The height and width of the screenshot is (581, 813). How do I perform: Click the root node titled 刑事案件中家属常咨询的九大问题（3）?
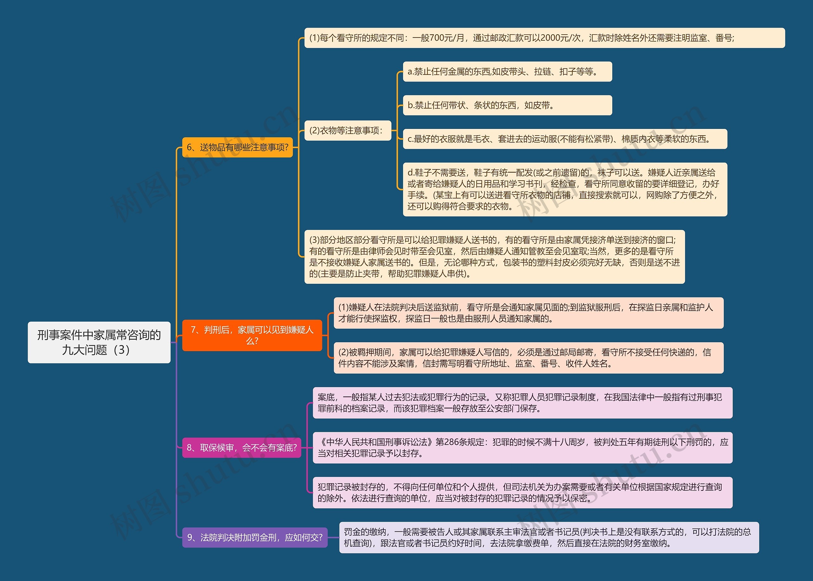(x=99, y=342)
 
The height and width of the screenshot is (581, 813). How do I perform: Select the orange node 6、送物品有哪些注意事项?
(x=237, y=147)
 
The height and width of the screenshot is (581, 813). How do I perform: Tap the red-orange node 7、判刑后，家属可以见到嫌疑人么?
(x=252, y=335)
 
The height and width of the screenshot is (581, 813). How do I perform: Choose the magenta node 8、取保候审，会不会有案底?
(x=242, y=448)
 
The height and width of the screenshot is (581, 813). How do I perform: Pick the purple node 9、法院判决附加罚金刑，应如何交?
(x=255, y=538)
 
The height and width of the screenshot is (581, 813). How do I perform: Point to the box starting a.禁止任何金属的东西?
(x=507, y=71)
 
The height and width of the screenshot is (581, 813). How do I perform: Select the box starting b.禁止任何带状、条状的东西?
(x=507, y=105)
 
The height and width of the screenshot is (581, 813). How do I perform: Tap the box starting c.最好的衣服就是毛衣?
(x=565, y=139)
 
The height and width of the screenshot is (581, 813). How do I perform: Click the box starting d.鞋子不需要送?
(x=565, y=189)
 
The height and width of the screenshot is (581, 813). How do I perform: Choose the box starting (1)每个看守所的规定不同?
(x=544, y=38)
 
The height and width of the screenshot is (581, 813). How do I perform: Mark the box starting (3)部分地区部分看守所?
(x=494, y=257)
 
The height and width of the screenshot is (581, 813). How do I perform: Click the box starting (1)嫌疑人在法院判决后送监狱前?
(x=528, y=313)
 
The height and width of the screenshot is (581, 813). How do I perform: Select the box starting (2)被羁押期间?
(x=528, y=358)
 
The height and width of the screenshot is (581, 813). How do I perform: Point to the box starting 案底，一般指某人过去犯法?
(x=522, y=403)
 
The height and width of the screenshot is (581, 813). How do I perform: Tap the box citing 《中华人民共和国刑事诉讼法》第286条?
(x=522, y=448)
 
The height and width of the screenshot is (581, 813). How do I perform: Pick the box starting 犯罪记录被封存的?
(x=522, y=493)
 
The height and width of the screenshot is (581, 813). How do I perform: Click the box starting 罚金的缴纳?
(x=548, y=538)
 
